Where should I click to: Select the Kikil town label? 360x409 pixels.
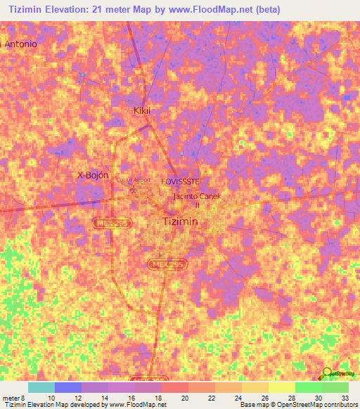143,110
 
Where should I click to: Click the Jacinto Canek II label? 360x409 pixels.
197,200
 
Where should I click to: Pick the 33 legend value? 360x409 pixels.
345,397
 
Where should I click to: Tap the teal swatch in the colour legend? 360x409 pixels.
41,387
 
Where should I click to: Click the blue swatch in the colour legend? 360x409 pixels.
68,387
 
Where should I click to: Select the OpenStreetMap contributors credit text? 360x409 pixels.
317,405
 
